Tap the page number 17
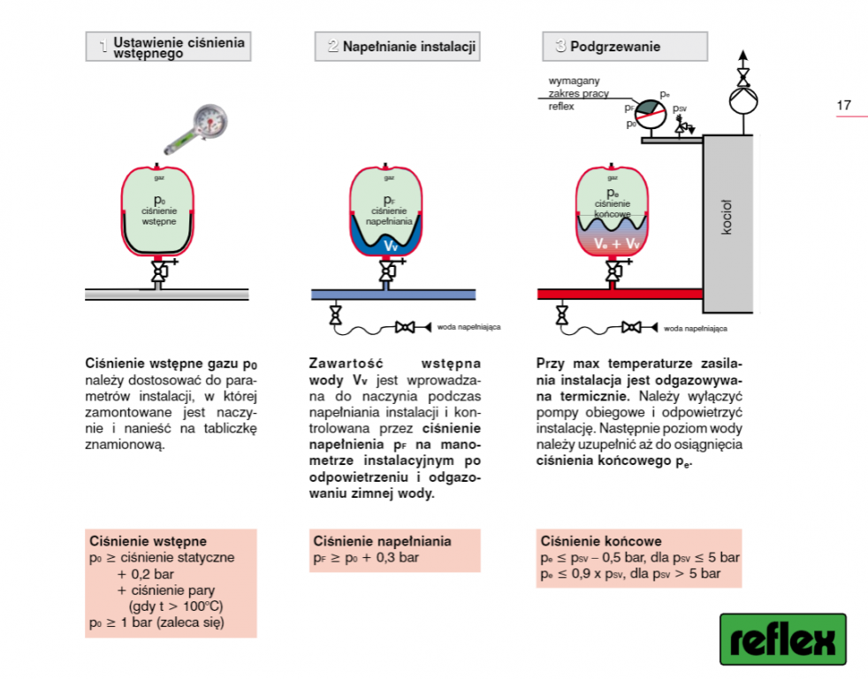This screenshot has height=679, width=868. (x=843, y=106)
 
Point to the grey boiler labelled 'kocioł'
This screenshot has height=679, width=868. (x=727, y=216)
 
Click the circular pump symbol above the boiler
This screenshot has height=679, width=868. (x=742, y=98)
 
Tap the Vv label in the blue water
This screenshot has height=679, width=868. (x=390, y=245)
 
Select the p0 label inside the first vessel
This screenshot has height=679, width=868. (x=160, y=201)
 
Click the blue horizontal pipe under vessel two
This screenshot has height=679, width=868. (x=393, y=294)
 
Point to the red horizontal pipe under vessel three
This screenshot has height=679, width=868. (x=619, y=294)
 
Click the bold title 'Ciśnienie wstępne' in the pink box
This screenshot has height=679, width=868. (x=148, y=541)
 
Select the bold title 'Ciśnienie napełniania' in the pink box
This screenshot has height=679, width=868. (x=381, y=541)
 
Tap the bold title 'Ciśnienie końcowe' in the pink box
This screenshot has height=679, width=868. (x=601, y=541)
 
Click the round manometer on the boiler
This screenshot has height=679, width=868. (x=652, y=108)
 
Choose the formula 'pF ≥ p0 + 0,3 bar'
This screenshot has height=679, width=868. (x=365, y=558)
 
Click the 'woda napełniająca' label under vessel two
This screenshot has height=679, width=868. (x=468, y=327)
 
